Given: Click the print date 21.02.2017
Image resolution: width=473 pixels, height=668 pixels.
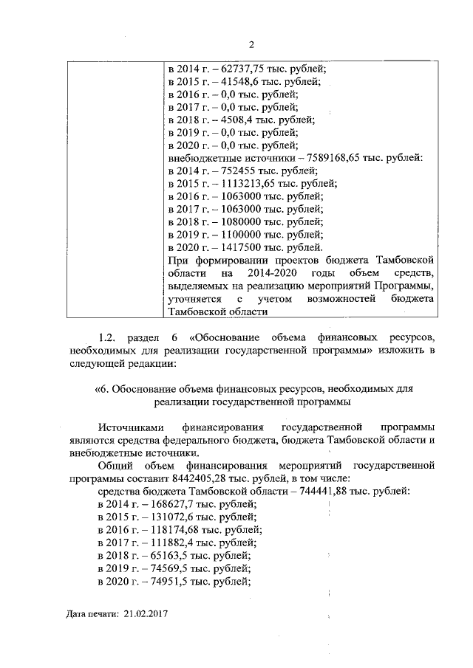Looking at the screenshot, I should point(146,613).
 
